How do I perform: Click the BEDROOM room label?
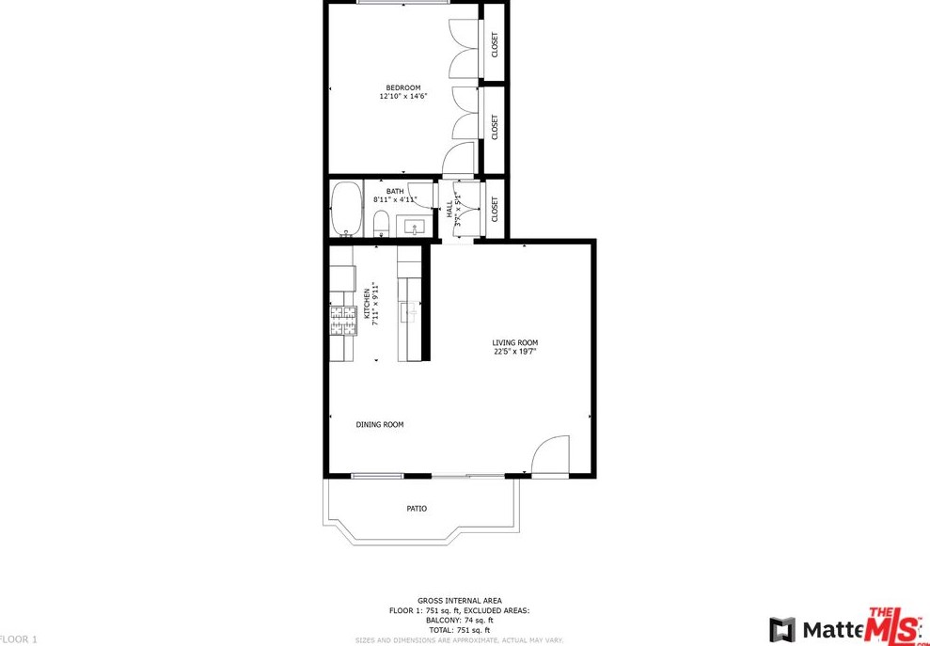pyautogui.click(x=403, y=87)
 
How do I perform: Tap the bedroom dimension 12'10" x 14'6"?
pyautogui.click(x=403, y=97)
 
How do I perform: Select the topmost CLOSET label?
pyautogui.click(x=495, y=44)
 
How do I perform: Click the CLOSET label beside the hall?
pyautogui.click(x=495, y=209)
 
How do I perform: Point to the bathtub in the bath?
pyautogui.click(x=347, y=208)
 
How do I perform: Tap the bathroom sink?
pyautogui.click(x=414, y=226)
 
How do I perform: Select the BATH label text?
pyautogui.click(x=395, y=191)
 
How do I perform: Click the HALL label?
pyautogui.click(x=450, y=213)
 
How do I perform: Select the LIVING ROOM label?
pyautogui.click(x=515, y=343)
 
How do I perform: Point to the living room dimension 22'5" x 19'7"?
pyautogui.click(x=515, y=353)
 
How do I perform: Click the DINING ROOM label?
pyautogui.click(x=380, y=425)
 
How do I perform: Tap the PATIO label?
pyautogui.click(x=417, y=509)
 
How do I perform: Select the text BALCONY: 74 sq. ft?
pyautogui.click(x=460, y=621)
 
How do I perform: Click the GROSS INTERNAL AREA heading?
pyautogui.click(x=460, y=601)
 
